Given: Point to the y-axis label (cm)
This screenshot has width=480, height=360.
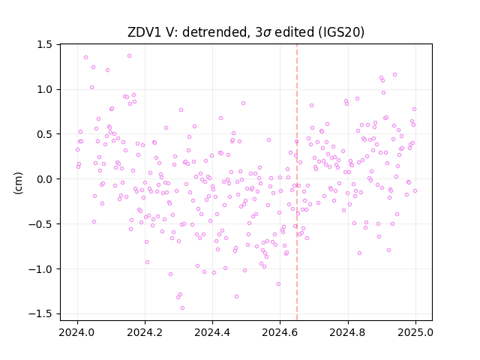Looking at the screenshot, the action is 18,183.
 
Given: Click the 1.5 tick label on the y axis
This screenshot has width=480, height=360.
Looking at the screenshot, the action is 45,45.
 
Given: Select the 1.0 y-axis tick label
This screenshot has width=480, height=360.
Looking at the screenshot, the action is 45,89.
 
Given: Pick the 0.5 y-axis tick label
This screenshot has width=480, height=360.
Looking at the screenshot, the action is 45,134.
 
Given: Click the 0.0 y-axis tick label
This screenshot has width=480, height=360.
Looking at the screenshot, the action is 45,179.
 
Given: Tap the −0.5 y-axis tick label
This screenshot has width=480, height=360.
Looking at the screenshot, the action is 40,224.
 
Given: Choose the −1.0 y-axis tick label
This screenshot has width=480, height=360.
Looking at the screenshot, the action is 40,269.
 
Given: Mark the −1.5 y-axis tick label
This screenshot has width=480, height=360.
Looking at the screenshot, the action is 40,313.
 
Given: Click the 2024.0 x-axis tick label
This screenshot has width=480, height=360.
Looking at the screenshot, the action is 77,332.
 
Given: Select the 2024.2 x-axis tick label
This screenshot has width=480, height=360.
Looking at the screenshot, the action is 145,332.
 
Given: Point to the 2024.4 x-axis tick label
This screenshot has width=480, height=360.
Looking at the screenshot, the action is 212,332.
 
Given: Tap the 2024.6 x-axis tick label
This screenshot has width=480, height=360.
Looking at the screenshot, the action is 280,332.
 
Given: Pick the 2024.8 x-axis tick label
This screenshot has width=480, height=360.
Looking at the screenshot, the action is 348,332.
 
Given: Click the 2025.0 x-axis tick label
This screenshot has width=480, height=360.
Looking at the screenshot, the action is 415,332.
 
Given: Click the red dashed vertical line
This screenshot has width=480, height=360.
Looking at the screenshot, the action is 297,182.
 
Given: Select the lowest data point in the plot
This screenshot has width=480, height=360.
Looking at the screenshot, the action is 182,307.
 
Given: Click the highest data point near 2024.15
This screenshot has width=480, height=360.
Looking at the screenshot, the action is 130,56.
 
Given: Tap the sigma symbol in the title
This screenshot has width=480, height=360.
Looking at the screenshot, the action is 267,33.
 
